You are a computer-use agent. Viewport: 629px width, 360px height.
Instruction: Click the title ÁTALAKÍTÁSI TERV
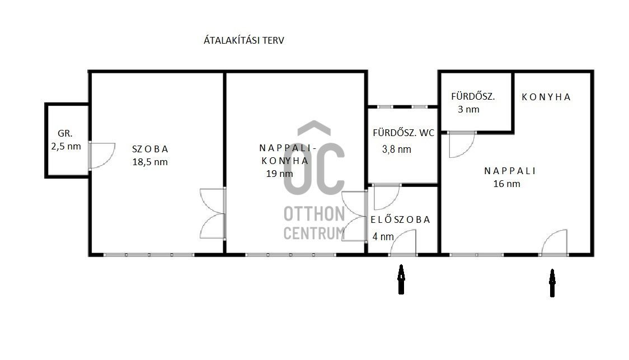[244, 40]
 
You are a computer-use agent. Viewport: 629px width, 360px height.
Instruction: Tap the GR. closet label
[65, 134]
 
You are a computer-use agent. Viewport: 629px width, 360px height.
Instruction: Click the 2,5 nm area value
[66, 147]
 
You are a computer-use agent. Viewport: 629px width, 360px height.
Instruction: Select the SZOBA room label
[150, 149]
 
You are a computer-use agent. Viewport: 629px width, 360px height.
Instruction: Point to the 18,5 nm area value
[150, 162]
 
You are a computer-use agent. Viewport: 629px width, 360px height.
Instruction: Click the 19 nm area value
[280, 174]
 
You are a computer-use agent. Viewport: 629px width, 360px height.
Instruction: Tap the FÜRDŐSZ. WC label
[403, 133]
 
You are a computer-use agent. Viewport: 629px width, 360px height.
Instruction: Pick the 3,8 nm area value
[397, 149]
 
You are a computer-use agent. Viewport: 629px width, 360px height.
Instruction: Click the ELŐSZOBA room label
[400, 219]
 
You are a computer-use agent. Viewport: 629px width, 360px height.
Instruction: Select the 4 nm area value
[383, 237]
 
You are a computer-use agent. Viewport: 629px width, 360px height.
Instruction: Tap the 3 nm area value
[468, 109]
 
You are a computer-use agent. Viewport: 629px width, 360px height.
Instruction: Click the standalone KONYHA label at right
[546, 97]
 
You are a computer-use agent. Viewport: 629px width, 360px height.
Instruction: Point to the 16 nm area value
[506, 184]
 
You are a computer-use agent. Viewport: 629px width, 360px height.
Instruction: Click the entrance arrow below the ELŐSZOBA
[401, 279]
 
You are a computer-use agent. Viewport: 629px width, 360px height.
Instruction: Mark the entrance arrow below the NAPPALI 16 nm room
[552, 283]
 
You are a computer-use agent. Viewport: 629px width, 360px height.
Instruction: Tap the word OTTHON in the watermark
[314, 214]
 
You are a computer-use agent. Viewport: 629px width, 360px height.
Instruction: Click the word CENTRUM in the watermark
[314, 233]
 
